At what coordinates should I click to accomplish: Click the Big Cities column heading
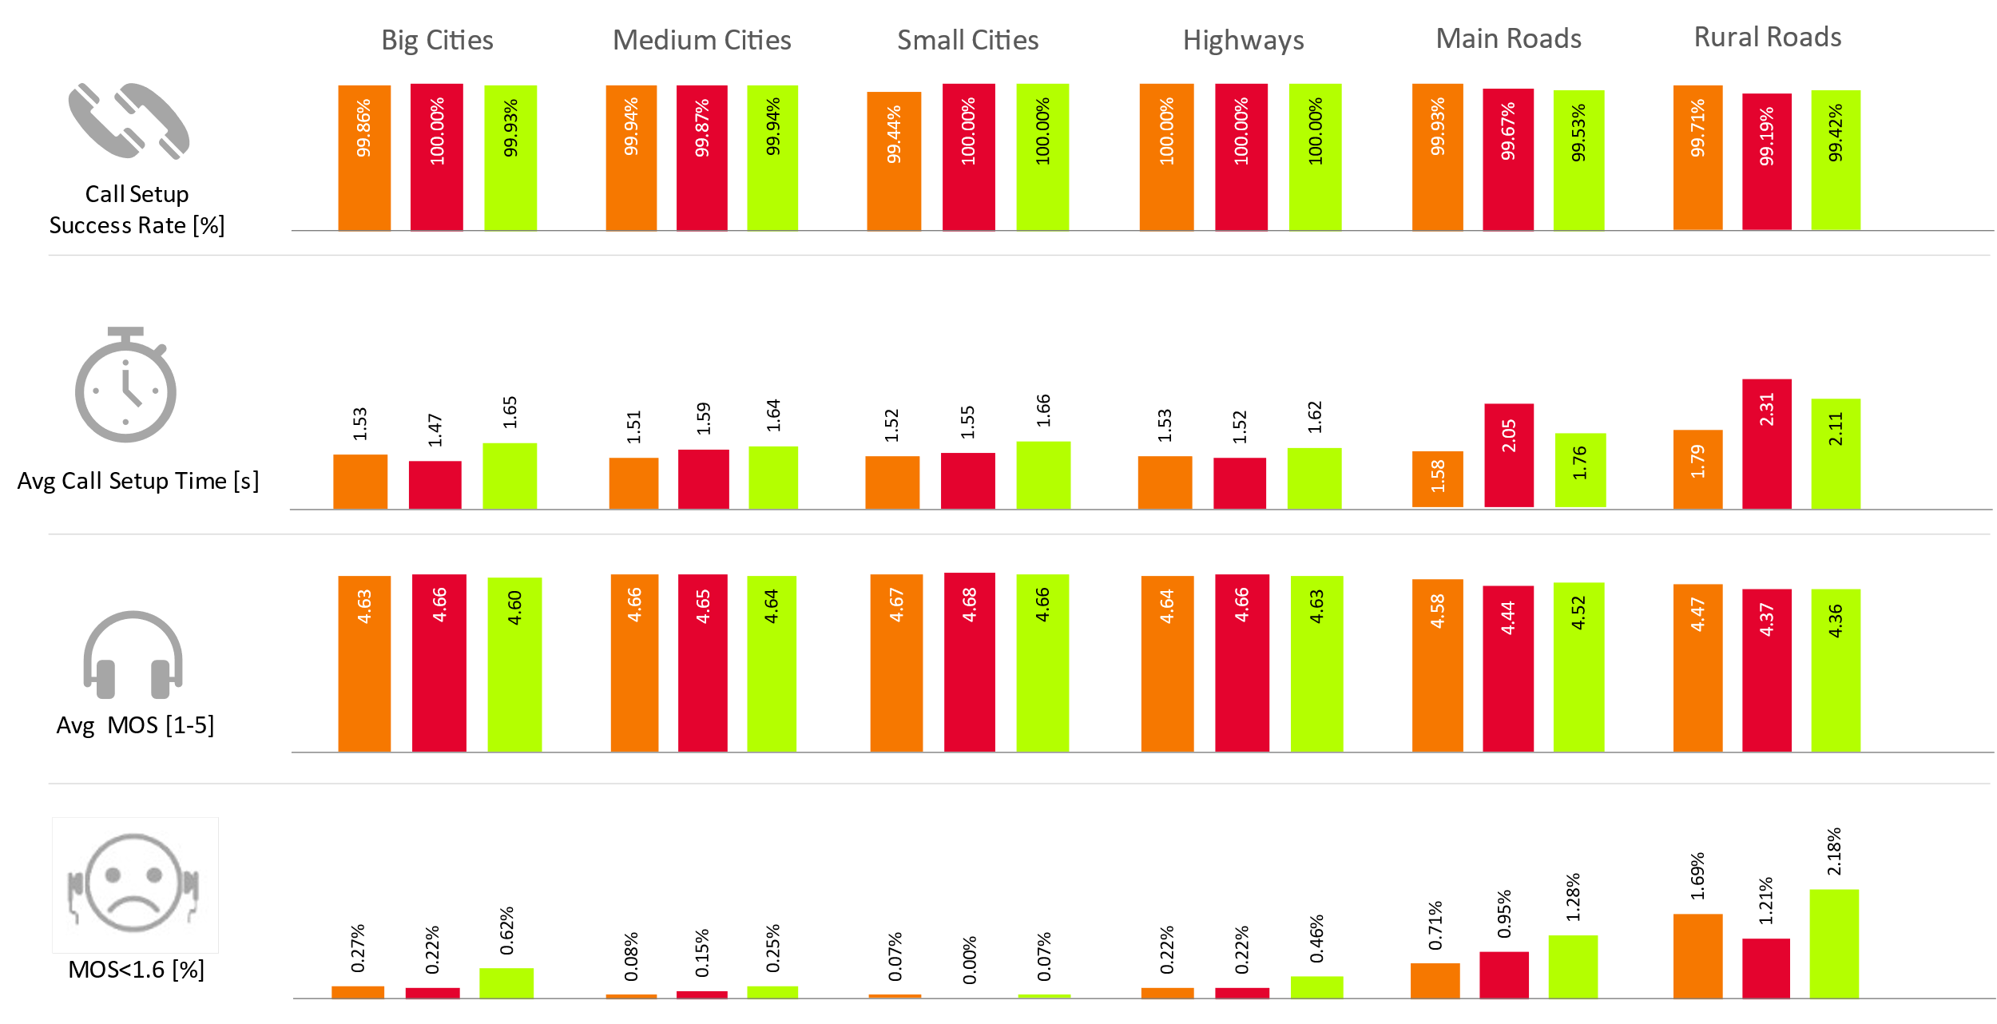(x=437, y=40)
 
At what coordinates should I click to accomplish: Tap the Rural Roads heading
(x=1767, y=38)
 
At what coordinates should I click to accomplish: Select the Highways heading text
(x=1243, y=40)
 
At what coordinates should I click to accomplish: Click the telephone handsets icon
(x=129, y=121)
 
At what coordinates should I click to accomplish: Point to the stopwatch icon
(x=126, y=386)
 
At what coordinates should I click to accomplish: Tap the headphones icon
(x=133, y=655)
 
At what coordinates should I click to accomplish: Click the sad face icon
(x=135, y=884)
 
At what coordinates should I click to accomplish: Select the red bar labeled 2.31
(x=1767, y=444)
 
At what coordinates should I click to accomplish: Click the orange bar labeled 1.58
(x=1437, y=479)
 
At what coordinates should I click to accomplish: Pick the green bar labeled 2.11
(x=1836, y=454)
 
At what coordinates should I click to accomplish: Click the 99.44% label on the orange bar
(x=894, y=134)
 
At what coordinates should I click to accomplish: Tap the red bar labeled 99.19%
(x=1767, y=162)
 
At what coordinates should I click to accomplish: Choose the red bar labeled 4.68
(x=969, y=662)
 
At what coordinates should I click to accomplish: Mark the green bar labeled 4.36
(x=1836, y=670)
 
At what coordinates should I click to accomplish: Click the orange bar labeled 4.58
(x=1437, y=665)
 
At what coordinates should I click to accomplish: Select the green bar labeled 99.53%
(x=1578, y=160)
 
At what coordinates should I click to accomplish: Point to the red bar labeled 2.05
(x=1509, y=455)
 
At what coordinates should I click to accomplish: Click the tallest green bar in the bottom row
(x=1834, y=943)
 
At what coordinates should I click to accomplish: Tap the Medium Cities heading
(x=701, y=40)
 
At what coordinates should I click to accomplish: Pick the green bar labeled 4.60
(x=514, y=665)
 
